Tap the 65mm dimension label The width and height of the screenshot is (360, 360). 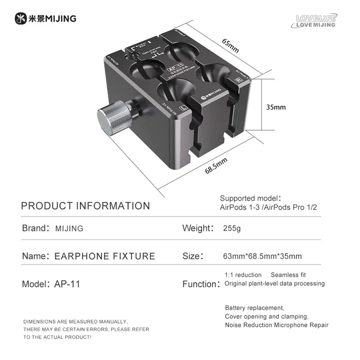[x=230, y=44]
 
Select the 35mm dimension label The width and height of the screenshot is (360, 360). [x=276, y=107]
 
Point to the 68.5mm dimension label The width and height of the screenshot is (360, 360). [x=216, y=166]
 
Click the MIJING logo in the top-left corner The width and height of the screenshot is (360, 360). [x=45, y=18]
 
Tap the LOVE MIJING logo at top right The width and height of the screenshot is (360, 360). [x=316, y=21]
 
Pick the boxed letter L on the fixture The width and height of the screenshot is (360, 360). [x=183, y=108]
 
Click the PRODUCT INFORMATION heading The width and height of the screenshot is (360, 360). [x=85, y=206]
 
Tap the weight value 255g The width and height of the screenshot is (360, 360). [x=232, y=228]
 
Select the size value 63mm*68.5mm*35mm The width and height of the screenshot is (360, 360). [x=262, y=256]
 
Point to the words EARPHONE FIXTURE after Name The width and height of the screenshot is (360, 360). [x=104, y=256]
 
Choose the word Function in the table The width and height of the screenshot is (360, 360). [x=200, y=284]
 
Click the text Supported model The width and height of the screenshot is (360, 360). [x=250, y=198]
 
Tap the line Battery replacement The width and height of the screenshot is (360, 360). [x=255, y=308]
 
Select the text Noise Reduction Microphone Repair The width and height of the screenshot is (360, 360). [x=277, y=325]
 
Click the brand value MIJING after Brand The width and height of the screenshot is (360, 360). [x=69, y=228]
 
